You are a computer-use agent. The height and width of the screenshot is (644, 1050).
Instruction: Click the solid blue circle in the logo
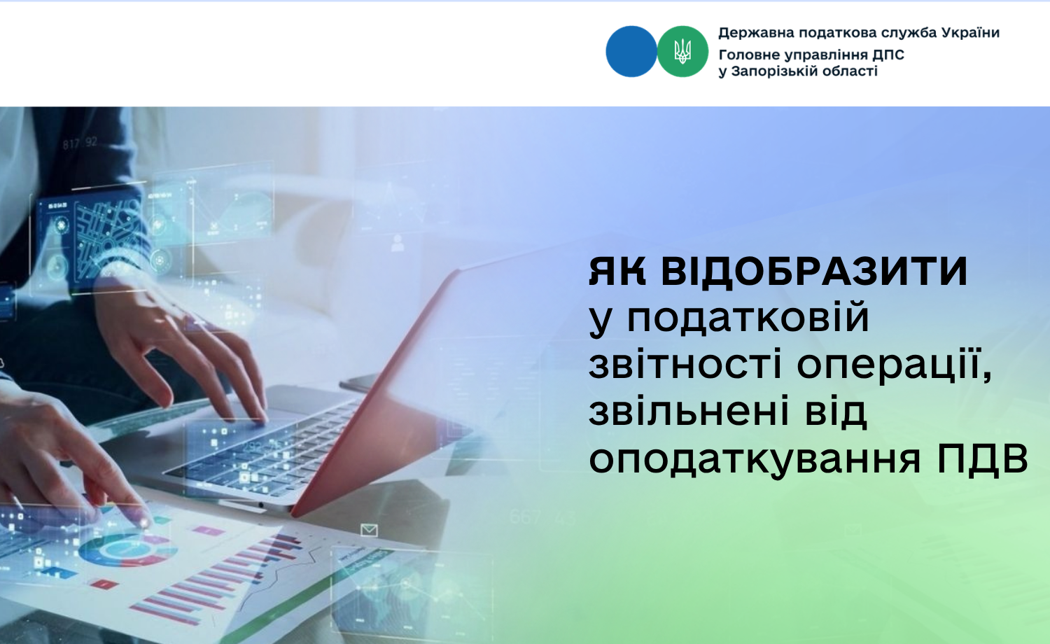pos(631,51)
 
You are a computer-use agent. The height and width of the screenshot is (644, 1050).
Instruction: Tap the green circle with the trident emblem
pos(682,51)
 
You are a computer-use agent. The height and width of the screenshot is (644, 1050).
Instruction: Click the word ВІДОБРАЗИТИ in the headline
pos(814,272)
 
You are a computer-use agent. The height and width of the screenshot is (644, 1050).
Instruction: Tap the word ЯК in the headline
pos(617,272)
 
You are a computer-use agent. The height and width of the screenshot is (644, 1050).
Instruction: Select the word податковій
pos(748,318)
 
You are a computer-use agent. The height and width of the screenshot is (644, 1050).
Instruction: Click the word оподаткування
pos(755,459)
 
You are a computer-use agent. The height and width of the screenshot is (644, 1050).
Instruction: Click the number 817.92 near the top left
pos(80,143)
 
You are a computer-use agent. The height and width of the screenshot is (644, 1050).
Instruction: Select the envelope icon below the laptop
pos(369,530)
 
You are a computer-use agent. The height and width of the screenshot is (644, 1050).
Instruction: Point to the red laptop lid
pos(375,389)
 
